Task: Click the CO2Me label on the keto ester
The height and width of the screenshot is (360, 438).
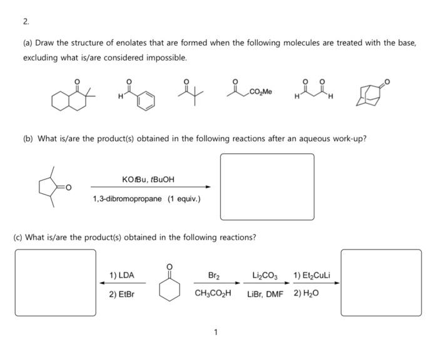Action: pyautogui.click(x=260, y=92)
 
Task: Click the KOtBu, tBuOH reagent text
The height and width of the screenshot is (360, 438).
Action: pyautogui.click(x=148, y=180)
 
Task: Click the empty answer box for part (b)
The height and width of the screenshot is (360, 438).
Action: pyautogui.click(x=267, y=186)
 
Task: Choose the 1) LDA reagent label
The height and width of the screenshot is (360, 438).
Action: pyautogui.click(x=121, y=275)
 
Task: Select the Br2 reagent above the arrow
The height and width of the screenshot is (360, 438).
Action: pyautogui.click(x=213, y=275)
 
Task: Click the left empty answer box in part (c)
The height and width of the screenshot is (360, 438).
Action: pyautogui.click(x=56, y=282)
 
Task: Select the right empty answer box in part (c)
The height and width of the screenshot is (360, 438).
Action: pyautogui.click(x=381, y=282)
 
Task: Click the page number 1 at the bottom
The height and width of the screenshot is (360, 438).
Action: pyautogui.click(x=216, y=332)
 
